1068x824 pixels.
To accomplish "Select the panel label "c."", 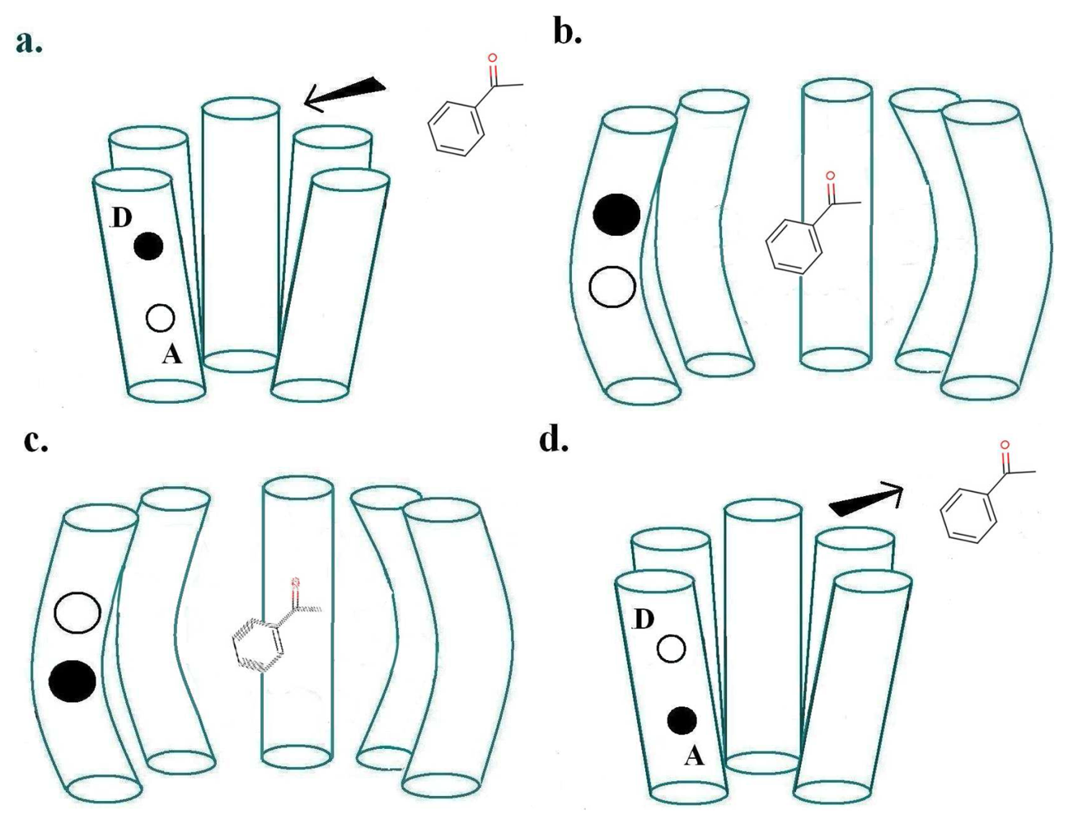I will [35, 441].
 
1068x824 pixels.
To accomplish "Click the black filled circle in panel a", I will [148, 246].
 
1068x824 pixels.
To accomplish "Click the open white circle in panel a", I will [160, 317].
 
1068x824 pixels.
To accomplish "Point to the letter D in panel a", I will [121, 218].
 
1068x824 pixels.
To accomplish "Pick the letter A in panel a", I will [171, 354].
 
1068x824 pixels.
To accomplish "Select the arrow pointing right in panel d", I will [865, 500].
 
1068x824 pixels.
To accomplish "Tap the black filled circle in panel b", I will [616, 214].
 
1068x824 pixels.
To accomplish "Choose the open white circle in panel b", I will [612, 286].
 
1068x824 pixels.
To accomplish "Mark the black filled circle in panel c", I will [73, 681].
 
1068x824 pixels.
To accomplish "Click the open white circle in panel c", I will [77, 612].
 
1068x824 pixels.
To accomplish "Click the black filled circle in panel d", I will [681, 720].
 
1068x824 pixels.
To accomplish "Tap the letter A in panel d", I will [694, 755].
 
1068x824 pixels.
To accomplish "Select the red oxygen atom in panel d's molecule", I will [1005, 446].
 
